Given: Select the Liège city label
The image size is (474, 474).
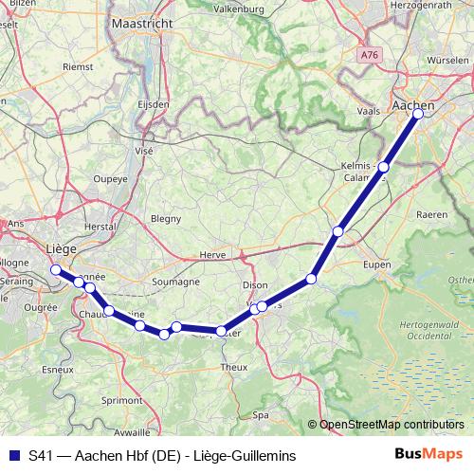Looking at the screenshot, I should [59, 248].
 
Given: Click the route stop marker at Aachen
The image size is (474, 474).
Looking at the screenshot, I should [418, 114].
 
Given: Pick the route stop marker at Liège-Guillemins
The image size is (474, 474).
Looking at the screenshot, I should [55, 270].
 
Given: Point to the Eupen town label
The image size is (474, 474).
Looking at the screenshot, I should [376, 264].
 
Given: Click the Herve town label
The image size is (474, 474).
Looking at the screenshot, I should [212, 255].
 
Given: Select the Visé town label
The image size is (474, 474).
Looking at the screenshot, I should [144, 150].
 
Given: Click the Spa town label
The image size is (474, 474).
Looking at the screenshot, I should [263, 414].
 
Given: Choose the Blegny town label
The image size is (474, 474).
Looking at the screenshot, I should [166, 218].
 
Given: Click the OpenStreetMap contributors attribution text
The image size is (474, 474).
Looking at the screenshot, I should [391, 424].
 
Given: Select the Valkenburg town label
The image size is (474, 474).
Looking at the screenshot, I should [237, 9].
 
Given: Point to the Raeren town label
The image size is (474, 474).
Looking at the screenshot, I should [431, 215].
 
